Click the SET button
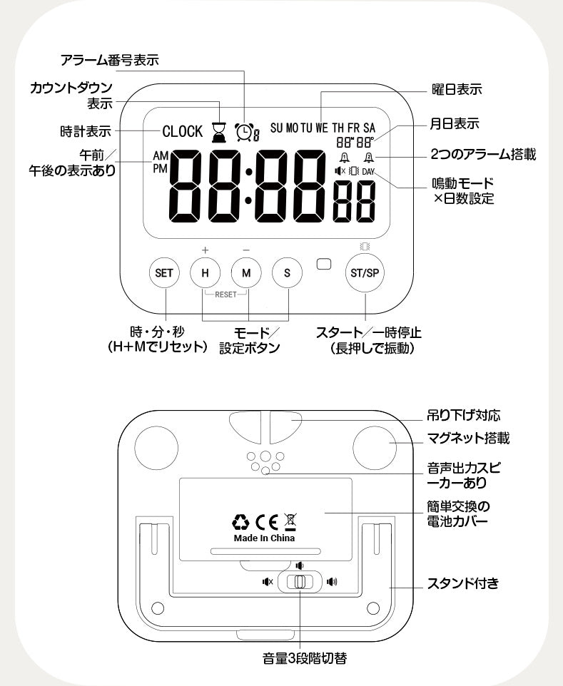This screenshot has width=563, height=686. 165,272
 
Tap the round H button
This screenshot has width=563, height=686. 206,272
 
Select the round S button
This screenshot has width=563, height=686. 288,272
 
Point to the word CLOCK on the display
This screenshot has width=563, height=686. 183,132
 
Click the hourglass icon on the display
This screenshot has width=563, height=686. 218,130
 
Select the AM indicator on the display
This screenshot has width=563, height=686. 160,155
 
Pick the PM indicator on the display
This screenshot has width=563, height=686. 160,168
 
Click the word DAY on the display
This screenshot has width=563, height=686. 368,172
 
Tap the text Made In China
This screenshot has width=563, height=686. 264,538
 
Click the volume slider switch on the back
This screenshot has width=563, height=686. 300,582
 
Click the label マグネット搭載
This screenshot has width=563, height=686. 468,438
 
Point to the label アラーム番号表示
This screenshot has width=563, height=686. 109,60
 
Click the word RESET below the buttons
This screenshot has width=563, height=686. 225,293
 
